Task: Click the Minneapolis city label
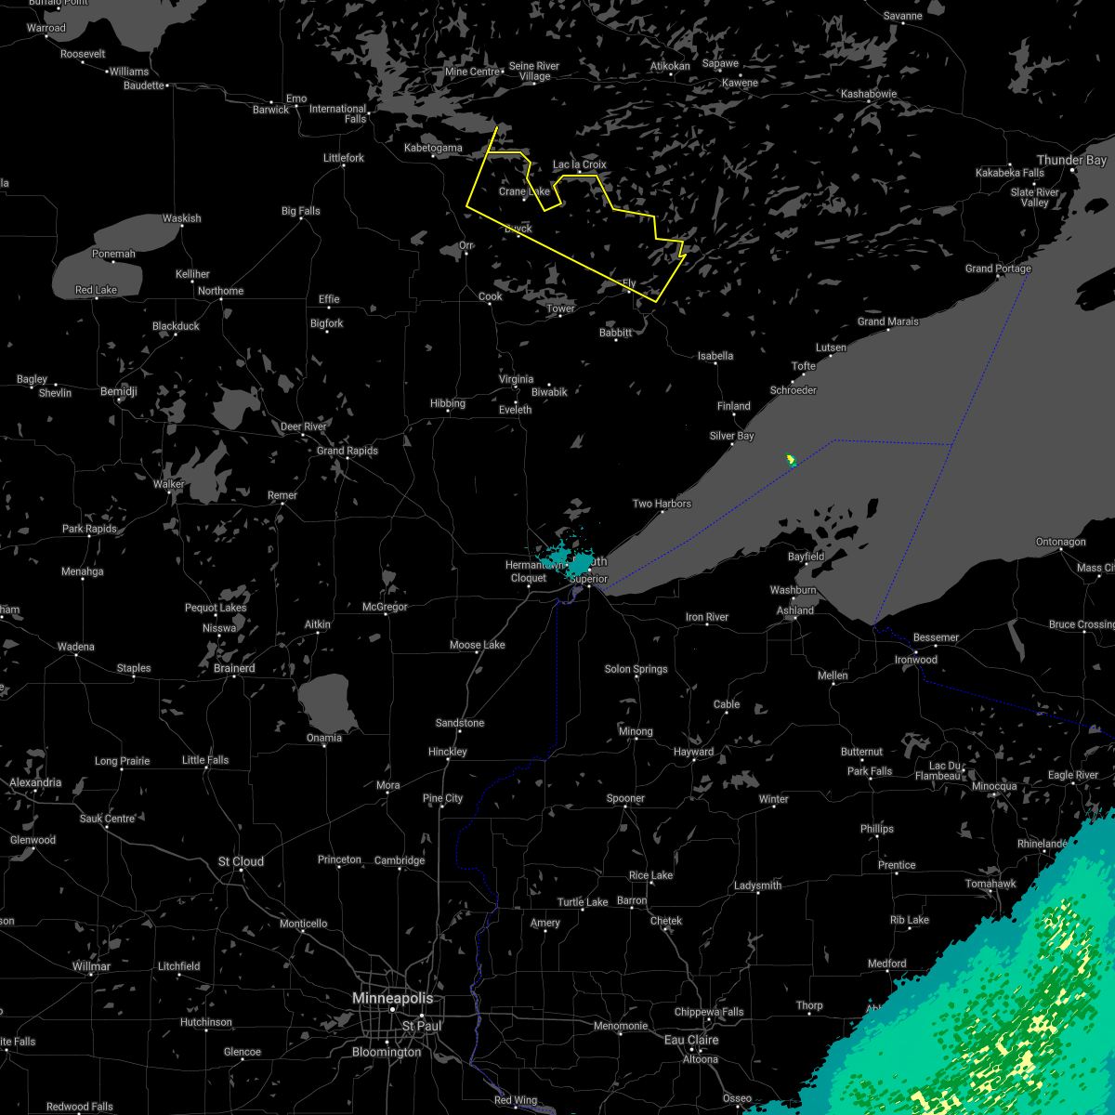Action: click(x=392, y=998)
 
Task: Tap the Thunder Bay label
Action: click(x=1071, y=161)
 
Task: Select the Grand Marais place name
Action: click(x=887, y=321)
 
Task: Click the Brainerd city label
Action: click(x=234, y=668)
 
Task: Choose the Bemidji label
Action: click(x=118, y=392)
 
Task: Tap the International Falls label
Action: click(x=338, y=113)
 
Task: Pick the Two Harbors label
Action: click(x=662, y=504)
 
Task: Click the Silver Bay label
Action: click(x=731, y=436)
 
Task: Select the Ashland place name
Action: click(x=795, y=610)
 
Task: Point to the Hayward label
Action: click(x=693, y=752)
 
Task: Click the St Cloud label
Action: click(x=241, y=861)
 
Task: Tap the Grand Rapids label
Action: click(x=348, y=451)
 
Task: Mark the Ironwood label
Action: click(x=916, y=660)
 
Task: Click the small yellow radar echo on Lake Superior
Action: click(x=791, y=459)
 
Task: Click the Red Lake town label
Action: click(x=96, y=290)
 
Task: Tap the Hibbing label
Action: click(x=447, y=403)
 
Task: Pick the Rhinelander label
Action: click(x=1042, y=844)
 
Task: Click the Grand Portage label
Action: click(x=998, y=269)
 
